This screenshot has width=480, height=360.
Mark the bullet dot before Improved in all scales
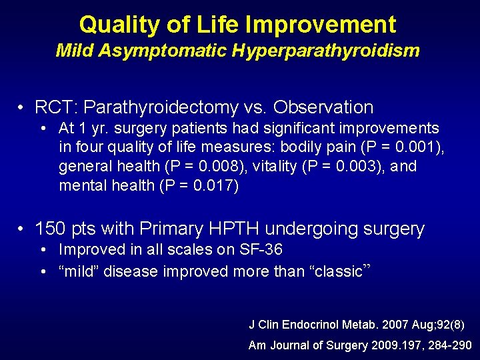pyautogui.click(x=42, y=251)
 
